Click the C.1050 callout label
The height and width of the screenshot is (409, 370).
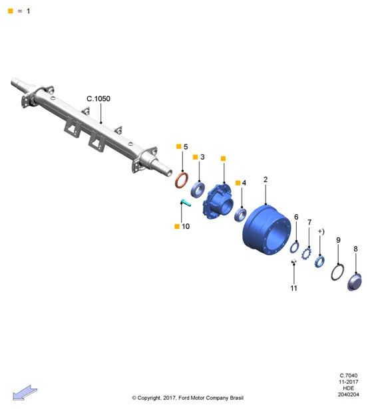point(98,98)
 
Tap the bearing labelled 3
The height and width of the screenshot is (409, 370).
point(198,190)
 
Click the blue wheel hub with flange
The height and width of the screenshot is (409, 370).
point(218,202)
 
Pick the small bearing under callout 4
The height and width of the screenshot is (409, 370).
point(240,214)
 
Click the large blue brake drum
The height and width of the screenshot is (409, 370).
point(267,230)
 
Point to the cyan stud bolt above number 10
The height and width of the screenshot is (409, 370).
point(186,203)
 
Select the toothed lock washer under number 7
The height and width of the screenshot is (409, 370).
point(306,253)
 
